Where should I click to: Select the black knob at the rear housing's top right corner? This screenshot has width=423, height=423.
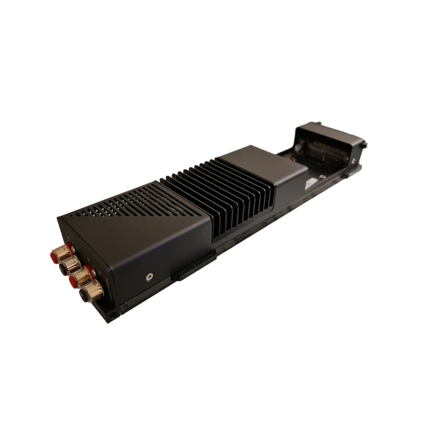pos(364,144)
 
